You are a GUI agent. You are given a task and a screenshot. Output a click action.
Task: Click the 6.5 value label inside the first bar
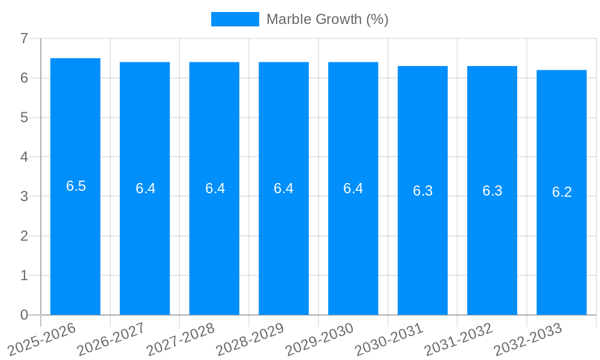click(x=76, y=186)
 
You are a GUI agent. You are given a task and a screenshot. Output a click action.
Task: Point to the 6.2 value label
click(x=562, y=192)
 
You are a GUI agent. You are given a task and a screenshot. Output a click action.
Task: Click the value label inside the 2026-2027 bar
click(x=146, y=188)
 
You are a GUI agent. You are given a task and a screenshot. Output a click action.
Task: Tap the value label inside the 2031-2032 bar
click(x=493, y=191)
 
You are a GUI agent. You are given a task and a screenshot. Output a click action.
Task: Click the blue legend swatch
click(x=235, y=19)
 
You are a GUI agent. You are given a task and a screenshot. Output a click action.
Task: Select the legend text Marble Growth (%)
click(x=328, y=19)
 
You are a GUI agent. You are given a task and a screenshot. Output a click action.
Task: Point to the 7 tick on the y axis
click(x=24, y=38)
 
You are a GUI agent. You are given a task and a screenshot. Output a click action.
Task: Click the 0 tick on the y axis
click(x=24, y=315)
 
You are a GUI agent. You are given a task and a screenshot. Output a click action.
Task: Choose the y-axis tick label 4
click(x=24, y=157)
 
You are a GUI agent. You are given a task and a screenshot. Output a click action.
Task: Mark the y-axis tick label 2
click(x=24, y=236)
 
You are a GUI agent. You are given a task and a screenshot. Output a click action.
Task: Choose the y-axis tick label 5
click(x=24, y=118)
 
